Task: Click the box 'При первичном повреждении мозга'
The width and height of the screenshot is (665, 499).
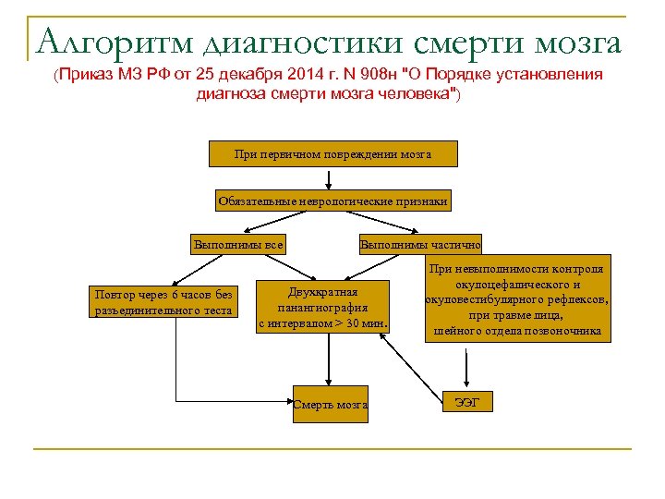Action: point(332,154)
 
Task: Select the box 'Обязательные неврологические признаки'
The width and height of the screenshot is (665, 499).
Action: point(332,201)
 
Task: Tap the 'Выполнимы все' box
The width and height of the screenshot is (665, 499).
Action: point(236,245)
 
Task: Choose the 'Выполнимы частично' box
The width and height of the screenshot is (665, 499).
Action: point(420,245)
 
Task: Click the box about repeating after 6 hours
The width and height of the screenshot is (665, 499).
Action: point(163,302)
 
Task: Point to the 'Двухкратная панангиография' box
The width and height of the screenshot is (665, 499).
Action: point(323,307)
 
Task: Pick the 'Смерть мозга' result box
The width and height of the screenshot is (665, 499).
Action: point(331,404)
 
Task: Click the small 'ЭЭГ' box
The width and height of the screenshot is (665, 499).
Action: point(468,401)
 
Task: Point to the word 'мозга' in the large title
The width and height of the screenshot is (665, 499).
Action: point(579,42)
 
